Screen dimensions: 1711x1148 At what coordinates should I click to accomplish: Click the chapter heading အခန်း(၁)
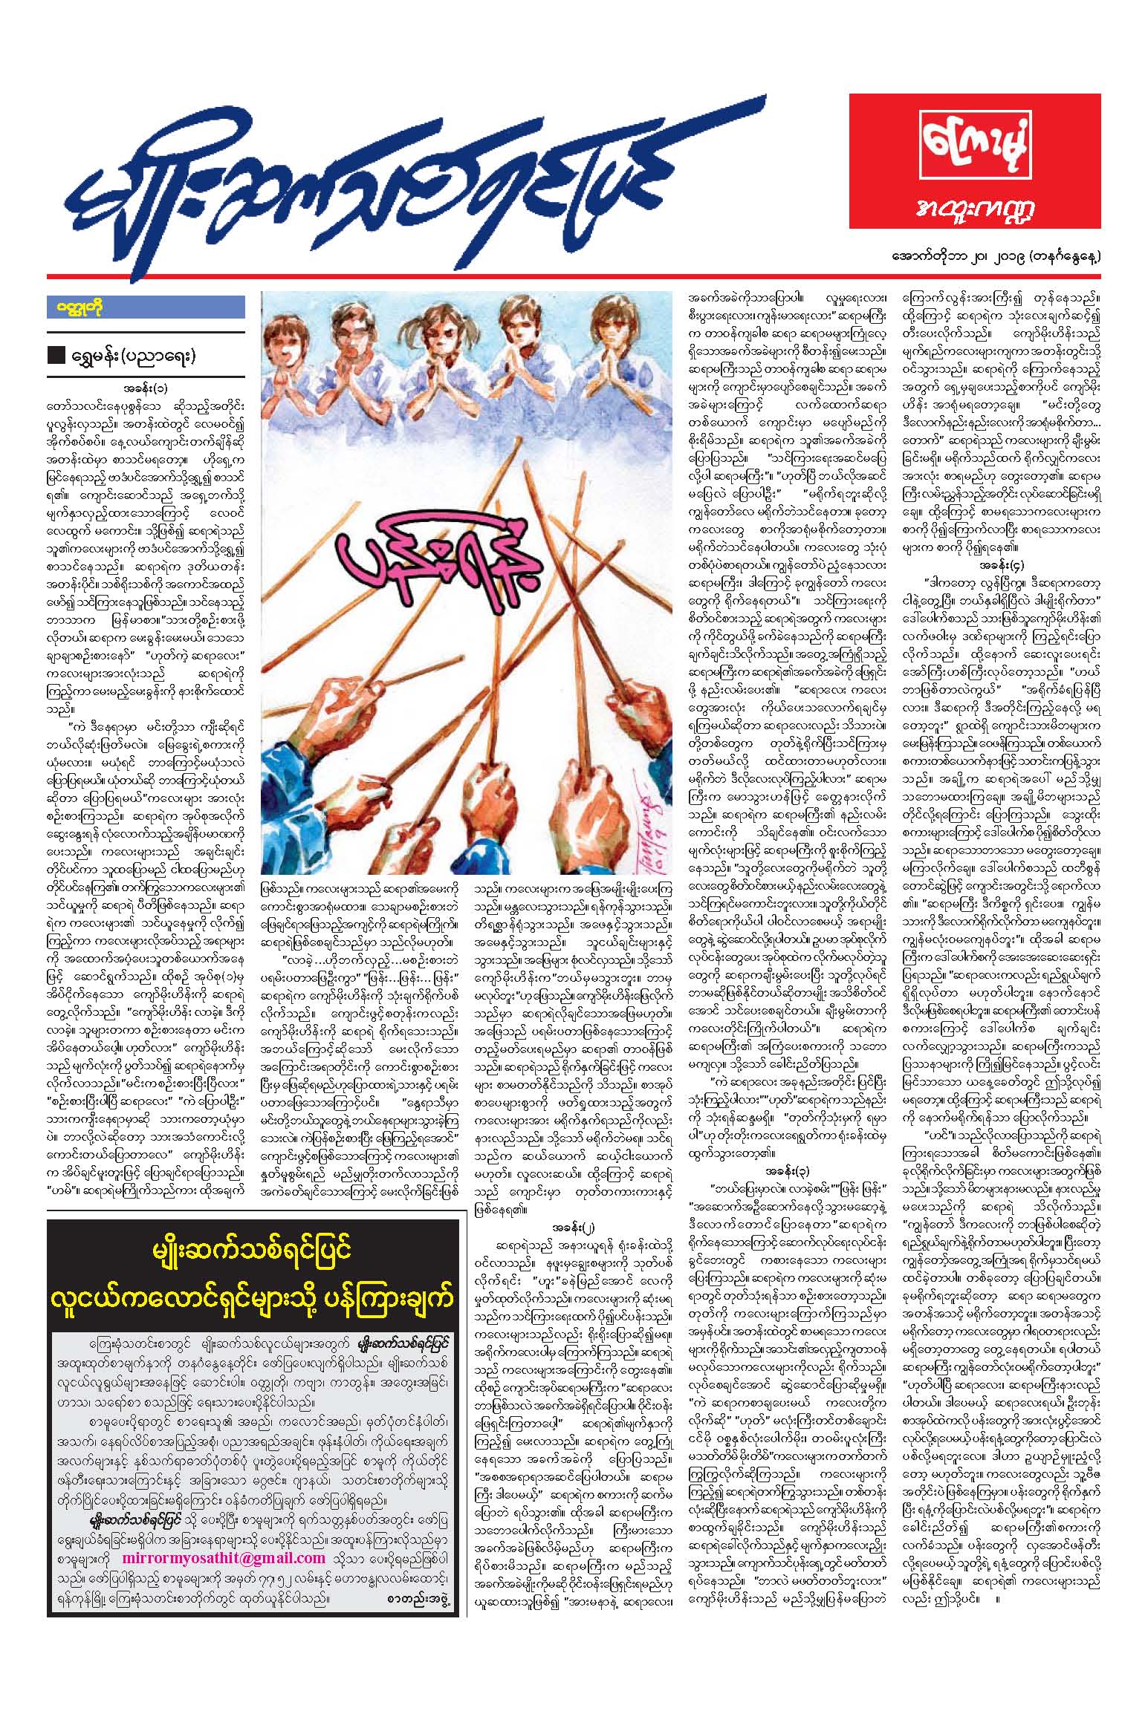[x=146, y=388]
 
